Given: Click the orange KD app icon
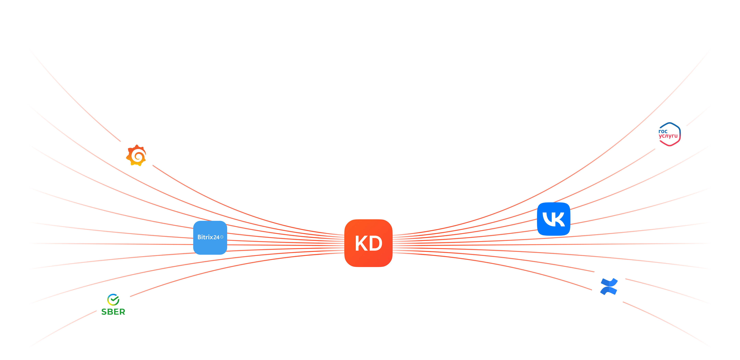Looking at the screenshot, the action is click(368, 243).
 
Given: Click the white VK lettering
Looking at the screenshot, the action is click(554, 219).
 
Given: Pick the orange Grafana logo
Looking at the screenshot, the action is click(136, 155).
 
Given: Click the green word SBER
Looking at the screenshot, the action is click(113, 312).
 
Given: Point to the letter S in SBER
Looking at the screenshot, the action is click(104, 312).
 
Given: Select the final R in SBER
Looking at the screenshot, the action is click(122, 312).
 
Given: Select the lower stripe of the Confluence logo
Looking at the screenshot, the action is click(609, 290).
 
